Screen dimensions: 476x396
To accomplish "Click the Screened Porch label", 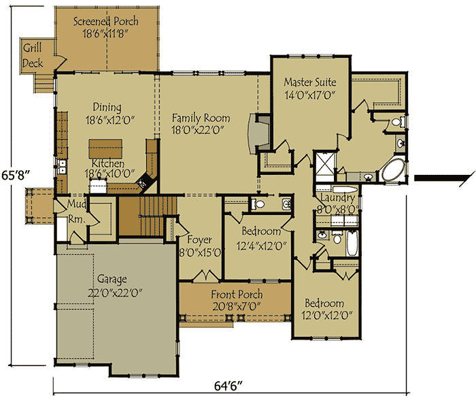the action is click(x=105, y=21).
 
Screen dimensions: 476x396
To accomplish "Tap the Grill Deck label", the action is click(x=33, y=56).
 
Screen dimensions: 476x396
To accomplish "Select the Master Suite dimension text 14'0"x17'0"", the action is click(x=309, y=95).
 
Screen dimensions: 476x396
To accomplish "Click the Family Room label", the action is click(x=201, y=118).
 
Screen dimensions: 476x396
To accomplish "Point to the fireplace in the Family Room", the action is click(x=258, y=133).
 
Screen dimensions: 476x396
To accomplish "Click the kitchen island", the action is click(x=105, y=149).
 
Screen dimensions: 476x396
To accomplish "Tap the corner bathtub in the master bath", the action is click(x=393, y=169).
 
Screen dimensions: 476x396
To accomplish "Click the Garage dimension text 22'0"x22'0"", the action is click(x=115, y=293).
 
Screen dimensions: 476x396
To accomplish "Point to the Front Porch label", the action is click(x=237, y=294).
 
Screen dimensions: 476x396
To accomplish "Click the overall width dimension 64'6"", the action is click(x=228, y=386).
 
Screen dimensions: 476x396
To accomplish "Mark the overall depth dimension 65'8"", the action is click(x=16, y=176).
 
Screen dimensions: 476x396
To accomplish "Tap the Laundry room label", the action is click(x=337, y=198).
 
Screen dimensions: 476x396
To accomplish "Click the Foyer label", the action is click(x=199, y=240).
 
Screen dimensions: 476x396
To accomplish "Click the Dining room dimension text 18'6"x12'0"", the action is click(x=110, y=120).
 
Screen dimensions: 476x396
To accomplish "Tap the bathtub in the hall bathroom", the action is click(x=352, y=244).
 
